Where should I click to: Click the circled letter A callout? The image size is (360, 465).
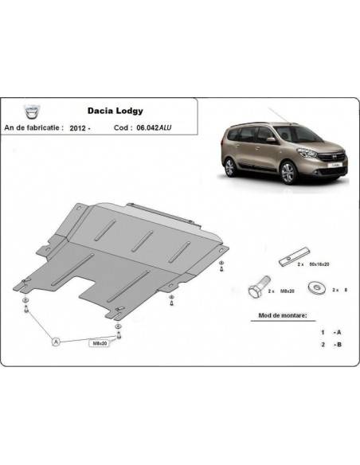coord(57,342)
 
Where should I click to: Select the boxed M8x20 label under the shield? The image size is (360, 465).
coord(98,342)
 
